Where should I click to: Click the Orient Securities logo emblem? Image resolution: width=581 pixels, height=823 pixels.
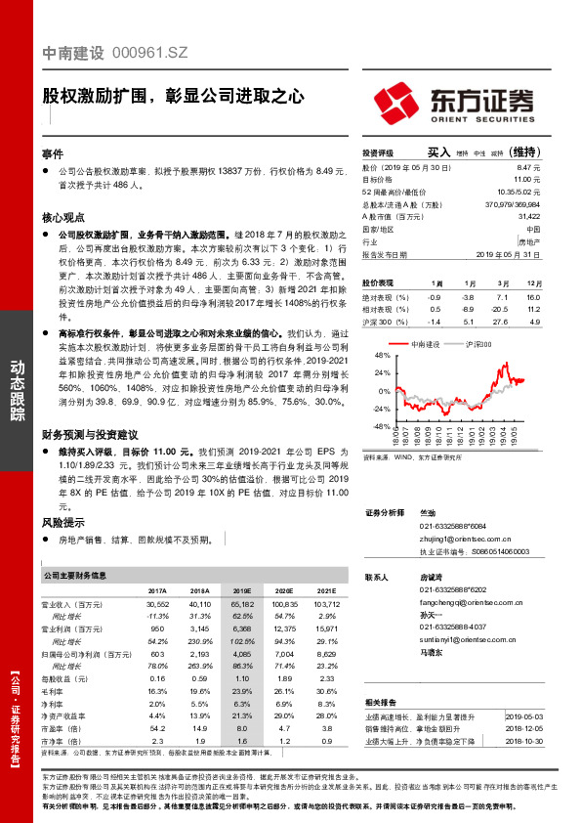(x=399, y=101)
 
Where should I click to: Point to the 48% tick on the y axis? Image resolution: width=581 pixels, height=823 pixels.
(x=380, y=356)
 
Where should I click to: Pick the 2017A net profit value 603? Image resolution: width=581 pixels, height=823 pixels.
(x=157, y=651)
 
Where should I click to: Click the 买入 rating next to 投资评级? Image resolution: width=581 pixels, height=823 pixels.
(x=438, y=152)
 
